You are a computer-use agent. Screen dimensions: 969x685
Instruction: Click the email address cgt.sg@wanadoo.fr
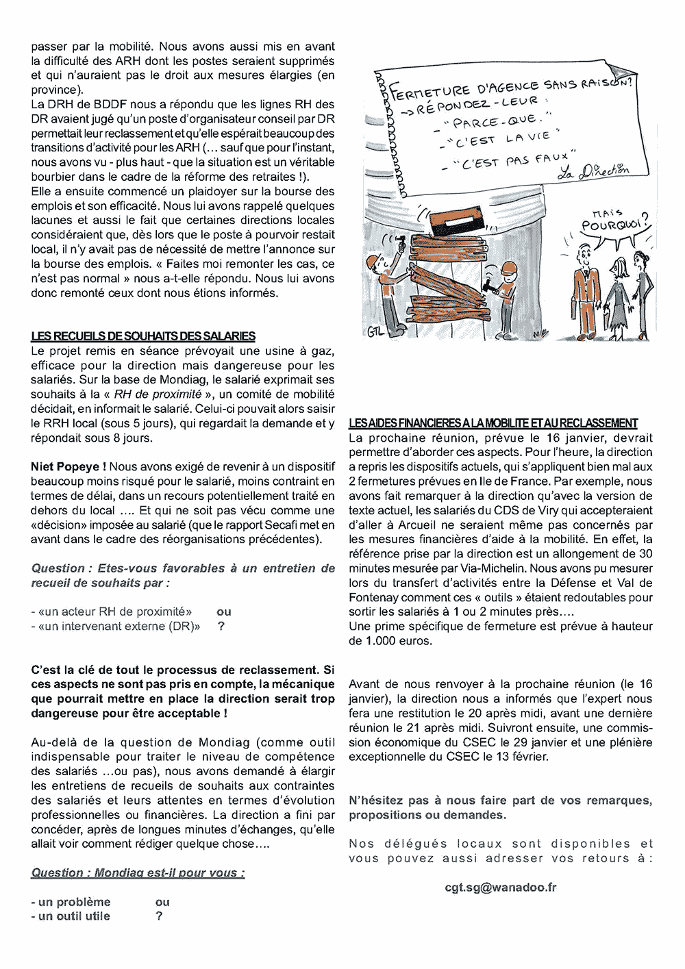tap(500, 887)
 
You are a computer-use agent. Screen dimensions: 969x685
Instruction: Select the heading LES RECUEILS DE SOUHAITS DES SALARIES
tap(142, 336)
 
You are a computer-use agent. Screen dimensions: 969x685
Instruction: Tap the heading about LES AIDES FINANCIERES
tap(493, 423)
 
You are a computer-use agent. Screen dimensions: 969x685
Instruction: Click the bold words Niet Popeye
tap(68, 466)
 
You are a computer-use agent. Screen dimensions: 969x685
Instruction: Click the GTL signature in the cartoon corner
tap(375, 332)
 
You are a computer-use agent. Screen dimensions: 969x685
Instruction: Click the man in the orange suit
tap(584, 288)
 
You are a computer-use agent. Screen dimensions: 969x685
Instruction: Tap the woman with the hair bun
tap(643, 284)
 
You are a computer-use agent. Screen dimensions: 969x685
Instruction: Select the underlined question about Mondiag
tap(138, 872)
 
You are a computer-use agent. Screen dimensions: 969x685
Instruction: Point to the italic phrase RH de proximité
tap(158, 394)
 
